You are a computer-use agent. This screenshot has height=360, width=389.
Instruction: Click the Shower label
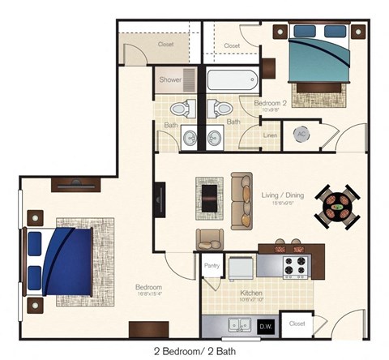point(170,79)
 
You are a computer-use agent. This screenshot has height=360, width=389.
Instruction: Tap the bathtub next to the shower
point(232,80)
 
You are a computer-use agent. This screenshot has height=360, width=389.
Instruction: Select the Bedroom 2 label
point(271,104)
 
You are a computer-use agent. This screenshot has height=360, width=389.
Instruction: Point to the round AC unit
point(301,135)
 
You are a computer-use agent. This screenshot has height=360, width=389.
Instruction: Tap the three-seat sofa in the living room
point(241,199)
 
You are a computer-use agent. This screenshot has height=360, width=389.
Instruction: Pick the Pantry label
point(212,265)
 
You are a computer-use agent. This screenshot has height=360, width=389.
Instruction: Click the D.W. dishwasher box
point(265,326)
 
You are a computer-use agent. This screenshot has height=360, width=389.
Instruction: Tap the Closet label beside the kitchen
point(296,322)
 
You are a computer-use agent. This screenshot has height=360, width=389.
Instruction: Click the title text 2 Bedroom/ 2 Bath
point(194,351)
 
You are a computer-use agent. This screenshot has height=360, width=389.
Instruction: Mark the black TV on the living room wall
point(160,198)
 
